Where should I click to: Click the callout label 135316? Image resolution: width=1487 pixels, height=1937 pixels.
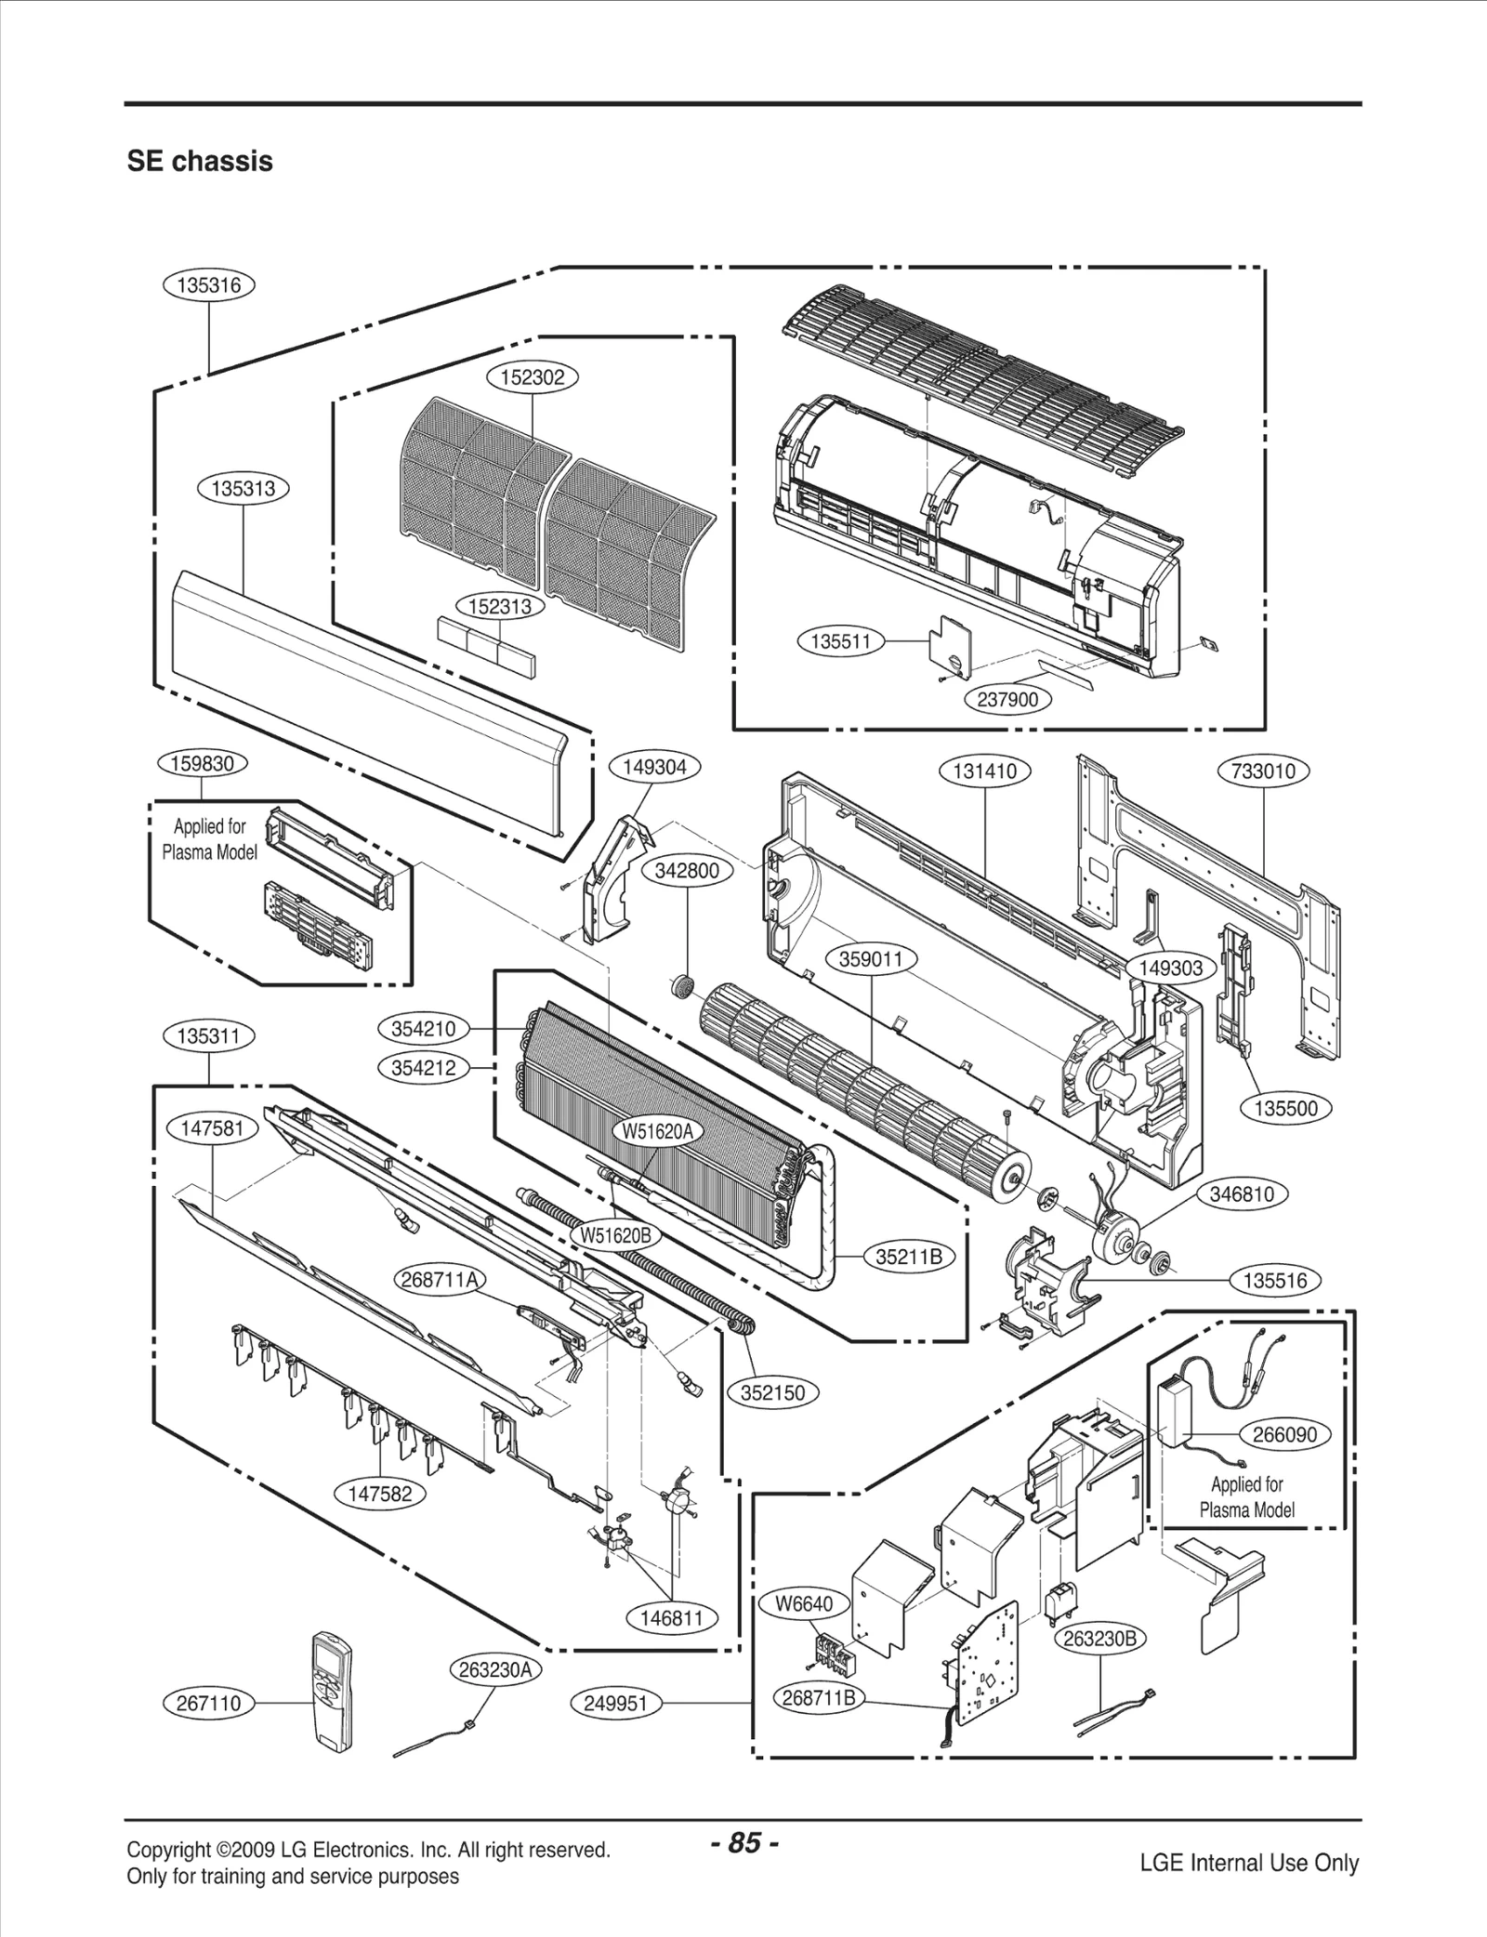click(208, 285)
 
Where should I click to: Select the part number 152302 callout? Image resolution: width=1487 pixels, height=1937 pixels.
click(533, 377)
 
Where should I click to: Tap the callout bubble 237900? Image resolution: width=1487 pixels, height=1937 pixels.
click(1007, 699)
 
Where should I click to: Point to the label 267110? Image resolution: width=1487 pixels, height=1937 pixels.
click(208, 1703)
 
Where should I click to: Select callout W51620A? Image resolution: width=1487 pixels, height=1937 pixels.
click(657, 1131)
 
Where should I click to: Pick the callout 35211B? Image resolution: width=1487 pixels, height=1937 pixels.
click(909, 1258)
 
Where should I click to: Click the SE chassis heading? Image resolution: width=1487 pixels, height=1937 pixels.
click(200, 161)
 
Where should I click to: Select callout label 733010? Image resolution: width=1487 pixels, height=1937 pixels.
click(1262, 771)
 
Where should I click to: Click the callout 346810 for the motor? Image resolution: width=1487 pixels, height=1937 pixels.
click(1242, 1193)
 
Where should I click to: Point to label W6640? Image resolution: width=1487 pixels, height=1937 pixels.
click(805, 1604)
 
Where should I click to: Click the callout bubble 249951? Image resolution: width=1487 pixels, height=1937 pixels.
click(615, 1703)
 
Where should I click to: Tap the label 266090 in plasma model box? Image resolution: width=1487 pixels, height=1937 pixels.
click(1284, 1434)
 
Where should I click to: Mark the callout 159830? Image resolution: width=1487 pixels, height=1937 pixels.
click(203, 764)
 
